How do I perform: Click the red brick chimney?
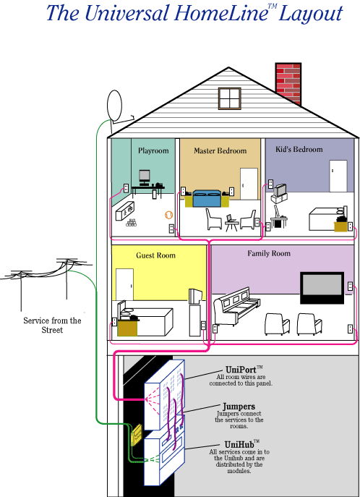coord(288,83)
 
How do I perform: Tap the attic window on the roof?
coord(230,98)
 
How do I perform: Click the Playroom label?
coord(153,150)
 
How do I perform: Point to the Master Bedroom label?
coord(220,151)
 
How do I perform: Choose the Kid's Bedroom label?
coord(299,149)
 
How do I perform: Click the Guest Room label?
coord(155,255)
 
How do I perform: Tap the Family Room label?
coord(269,253)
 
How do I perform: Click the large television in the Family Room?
coord(322,288)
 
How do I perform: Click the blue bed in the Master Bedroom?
coord(207,198)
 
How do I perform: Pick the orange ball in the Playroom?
coord(168,215)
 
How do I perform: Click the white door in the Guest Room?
coord(124,284)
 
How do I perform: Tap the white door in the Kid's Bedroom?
coord(338,176)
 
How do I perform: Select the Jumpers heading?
coord(239,407)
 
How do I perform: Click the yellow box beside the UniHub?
coord(137,436)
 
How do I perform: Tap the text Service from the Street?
coord(52,325)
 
